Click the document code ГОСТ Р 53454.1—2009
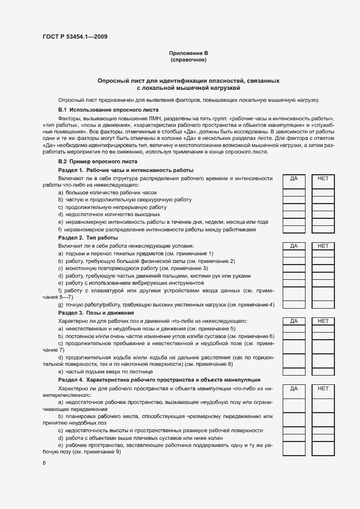coord(75,36)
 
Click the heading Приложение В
coord(188,53)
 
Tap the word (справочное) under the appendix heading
coord(188,59)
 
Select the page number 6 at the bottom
coord(44,463)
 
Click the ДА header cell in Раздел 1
coord(294,178)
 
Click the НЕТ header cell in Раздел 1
coord(323,178)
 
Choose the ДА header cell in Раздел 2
coord(294,246)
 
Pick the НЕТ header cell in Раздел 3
coord(323,321)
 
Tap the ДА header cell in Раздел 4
coord(294,389)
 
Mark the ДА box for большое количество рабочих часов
coord(294,192)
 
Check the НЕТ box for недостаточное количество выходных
coord(323,214)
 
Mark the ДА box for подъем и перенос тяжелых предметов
coord(294,254)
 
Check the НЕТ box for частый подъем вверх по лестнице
coord(323,372)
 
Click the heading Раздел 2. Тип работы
coord(88,238)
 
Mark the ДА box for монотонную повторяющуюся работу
coord(294,268)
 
